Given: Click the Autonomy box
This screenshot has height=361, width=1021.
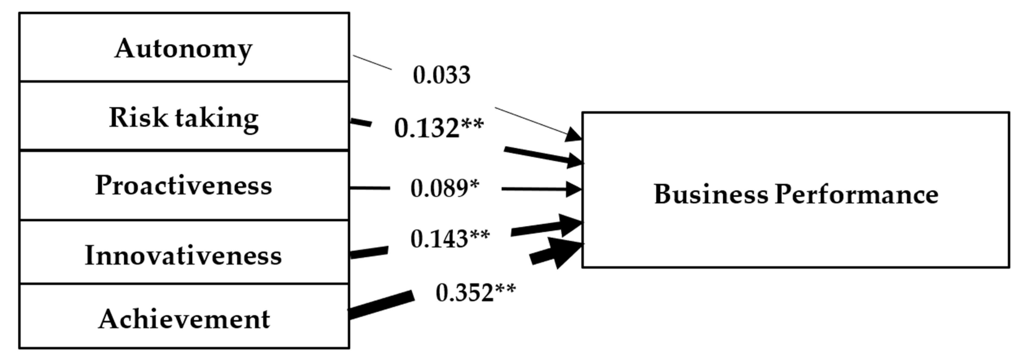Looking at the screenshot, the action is coord(184,47).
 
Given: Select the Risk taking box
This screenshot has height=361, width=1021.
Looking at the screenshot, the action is coord(184,117).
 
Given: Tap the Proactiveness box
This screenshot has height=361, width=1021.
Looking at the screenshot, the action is coord(184,185).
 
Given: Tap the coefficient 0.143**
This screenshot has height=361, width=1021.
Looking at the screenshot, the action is coord(450,239).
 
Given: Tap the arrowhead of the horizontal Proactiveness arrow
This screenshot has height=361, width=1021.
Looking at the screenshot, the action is coord(573,189).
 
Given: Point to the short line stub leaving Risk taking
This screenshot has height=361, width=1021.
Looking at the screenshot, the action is coord(361,123).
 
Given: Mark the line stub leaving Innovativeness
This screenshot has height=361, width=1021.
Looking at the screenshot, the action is coord(369,252).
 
